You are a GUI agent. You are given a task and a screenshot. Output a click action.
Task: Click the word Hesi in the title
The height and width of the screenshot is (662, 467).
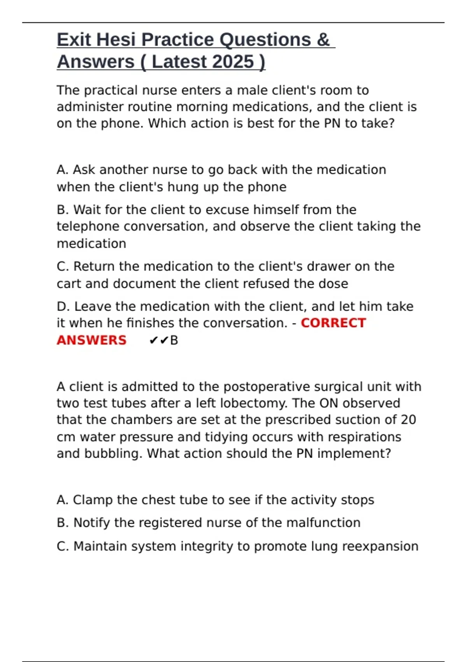pyautogui.click(x=116, y=40)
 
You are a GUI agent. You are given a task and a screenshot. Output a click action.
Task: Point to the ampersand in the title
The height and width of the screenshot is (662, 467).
pyautogui.click(x=323, y=40)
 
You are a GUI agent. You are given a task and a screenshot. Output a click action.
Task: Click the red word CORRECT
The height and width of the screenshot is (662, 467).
pyautogui.click(x=333, y=323)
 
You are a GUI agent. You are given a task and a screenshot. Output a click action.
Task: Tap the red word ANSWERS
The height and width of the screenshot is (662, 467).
pyautogui.click(x=91, y=340)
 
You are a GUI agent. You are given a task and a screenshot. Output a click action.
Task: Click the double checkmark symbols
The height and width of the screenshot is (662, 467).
pyautogui.click(x=158, y=340)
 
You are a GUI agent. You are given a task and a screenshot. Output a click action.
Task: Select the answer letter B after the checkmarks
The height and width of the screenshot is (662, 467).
pyautogui.click(x=174, y=340)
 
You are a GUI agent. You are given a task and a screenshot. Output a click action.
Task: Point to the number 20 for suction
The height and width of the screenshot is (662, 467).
pyautogui.click(x=408, y=420)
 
